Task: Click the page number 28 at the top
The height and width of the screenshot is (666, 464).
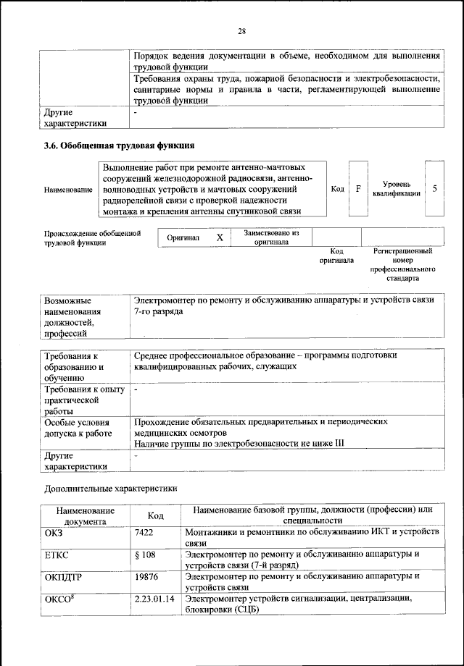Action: (242, 30)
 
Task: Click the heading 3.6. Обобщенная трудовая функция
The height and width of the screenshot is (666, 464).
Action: (120, 146)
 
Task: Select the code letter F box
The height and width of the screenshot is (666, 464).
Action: (358, 188)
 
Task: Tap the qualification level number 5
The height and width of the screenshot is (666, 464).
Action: (434, 188)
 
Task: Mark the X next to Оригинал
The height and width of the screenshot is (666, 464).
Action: (220, 237)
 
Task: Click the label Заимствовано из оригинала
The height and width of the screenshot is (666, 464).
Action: (271, 237)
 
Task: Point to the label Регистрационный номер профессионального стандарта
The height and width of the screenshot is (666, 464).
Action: (402, 264)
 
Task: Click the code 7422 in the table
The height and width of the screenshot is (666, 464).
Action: (144, 532)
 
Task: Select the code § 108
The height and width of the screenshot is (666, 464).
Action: (146, 555)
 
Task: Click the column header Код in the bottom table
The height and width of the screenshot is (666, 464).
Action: (155, 515)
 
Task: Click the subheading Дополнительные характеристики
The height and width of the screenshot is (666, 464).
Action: (109, 488)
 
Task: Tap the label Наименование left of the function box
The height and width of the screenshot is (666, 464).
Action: (68, 190)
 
